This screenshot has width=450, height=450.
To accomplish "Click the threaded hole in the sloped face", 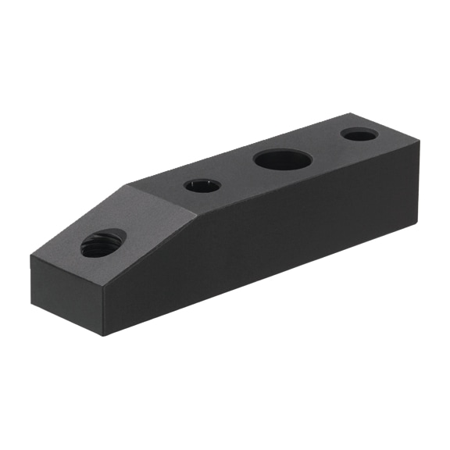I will point(103,243).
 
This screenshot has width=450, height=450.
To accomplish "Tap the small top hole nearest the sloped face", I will point(202,186).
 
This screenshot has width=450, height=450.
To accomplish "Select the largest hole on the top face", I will point(283,160).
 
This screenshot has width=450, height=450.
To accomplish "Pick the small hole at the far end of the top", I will point(360,135).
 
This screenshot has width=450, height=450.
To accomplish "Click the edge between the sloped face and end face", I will point(67,273).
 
